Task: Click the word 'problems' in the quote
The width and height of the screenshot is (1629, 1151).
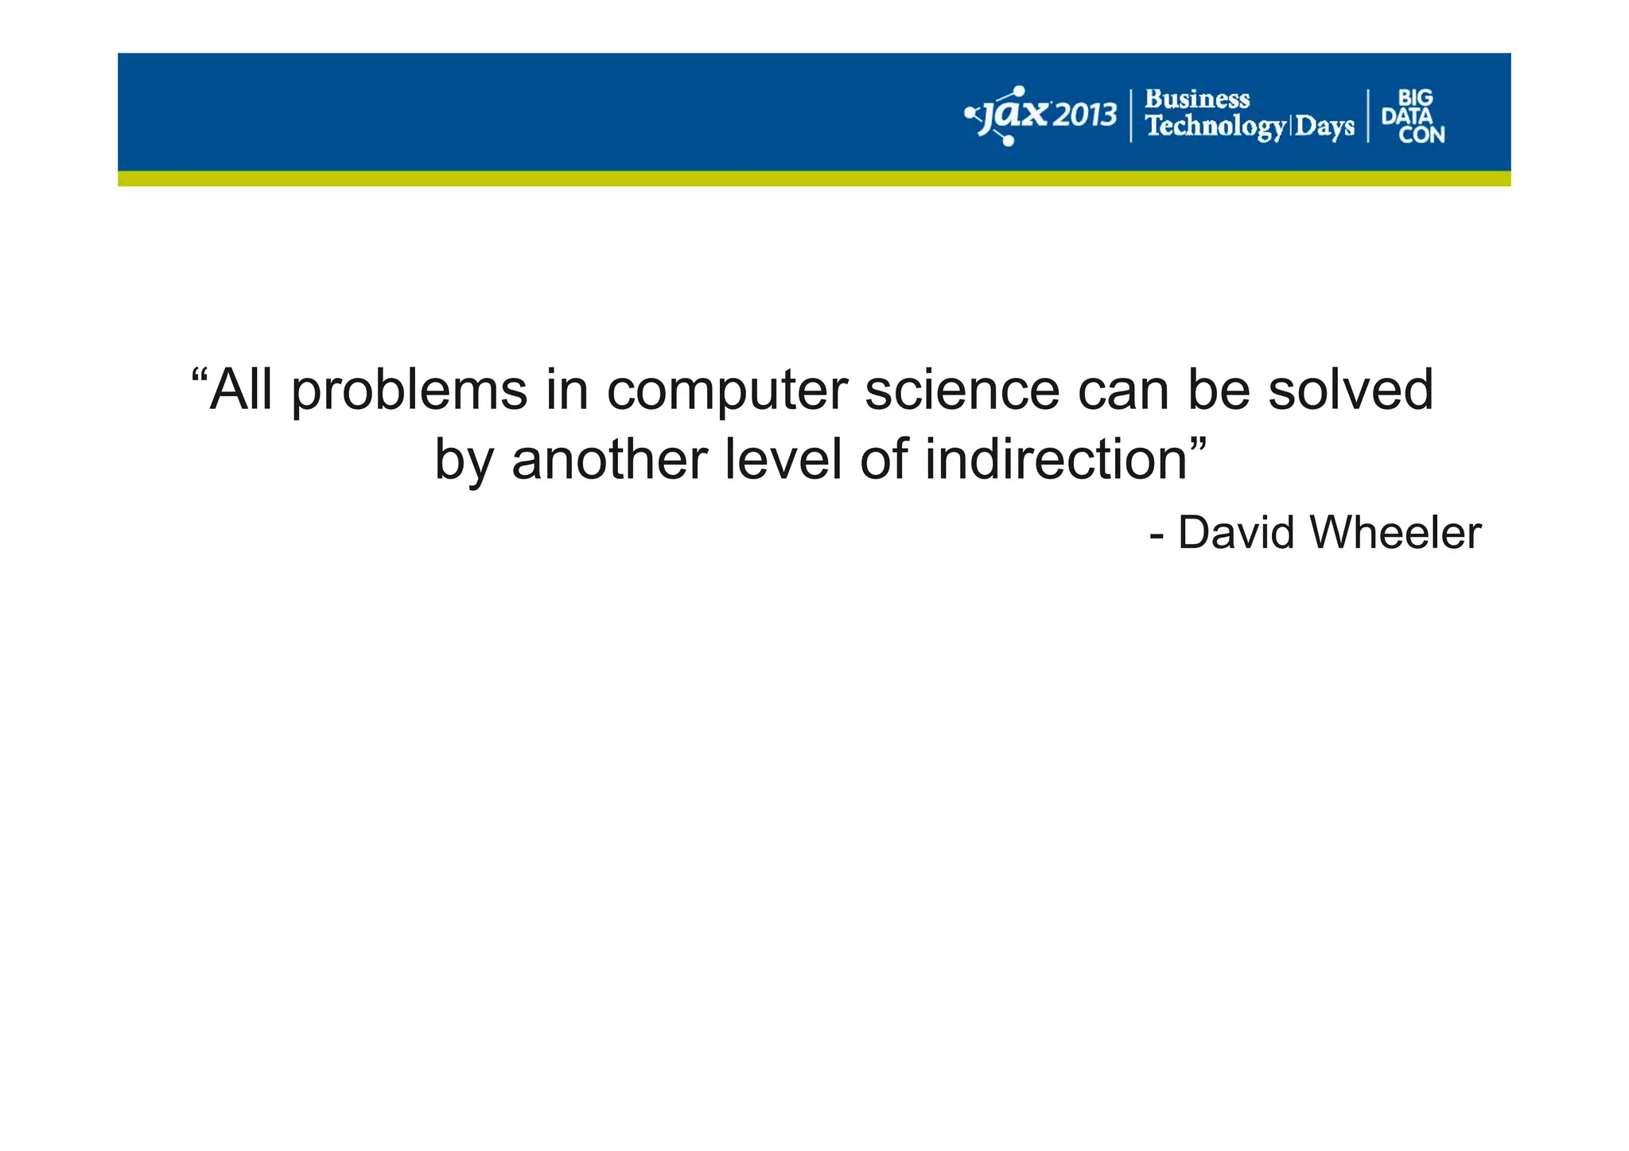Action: tap(409, 391)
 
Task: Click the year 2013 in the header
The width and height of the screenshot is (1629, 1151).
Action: tap(1086, 116)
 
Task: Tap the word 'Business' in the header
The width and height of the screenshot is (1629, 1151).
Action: tap(1197, 99)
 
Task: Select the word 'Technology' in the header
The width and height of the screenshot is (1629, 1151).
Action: tap(1215, 126)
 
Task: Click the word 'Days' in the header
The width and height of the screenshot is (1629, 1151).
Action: tap(1324, 126)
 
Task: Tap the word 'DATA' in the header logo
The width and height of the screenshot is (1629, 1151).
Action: tap(1406, 116)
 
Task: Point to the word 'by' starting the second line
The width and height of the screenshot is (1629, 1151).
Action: tap(461, 461)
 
